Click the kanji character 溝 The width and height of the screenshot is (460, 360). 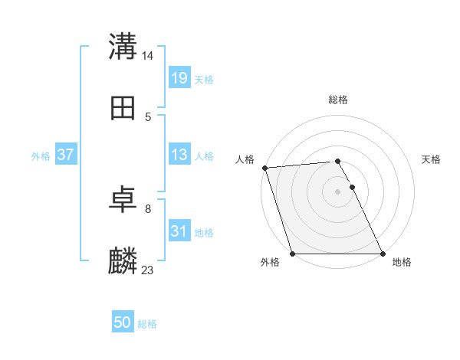[x=123, y=46]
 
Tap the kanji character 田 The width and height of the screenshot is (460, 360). [x=123, y=108]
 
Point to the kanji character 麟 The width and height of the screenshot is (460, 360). [x=123, y=260]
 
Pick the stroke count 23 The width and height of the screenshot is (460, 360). [x=148, y=270]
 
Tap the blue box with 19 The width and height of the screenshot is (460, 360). [x=179, y=77]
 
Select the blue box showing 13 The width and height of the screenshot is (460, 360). [x=179, y=155]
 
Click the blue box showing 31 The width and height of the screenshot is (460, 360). [x=179, y=231]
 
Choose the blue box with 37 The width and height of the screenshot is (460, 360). [x=66, y=155]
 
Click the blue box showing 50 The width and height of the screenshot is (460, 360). [x=123, y=322]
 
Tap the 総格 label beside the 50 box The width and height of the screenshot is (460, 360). [x=147, y=324]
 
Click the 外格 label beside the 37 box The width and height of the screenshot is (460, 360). [x=41, y=155]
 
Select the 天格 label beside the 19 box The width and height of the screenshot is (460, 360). [x=204, y=79]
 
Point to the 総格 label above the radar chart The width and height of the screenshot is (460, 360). [x=338, y=100]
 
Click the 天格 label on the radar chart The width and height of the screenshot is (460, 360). [x=431, y=159]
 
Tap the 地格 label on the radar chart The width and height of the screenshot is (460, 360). [x=402, y=263]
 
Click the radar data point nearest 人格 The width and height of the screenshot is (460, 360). [x=264, y=168]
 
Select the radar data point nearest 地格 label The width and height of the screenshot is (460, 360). [x=383, y=254]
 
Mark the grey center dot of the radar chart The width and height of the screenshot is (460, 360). [x=338, y=191]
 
